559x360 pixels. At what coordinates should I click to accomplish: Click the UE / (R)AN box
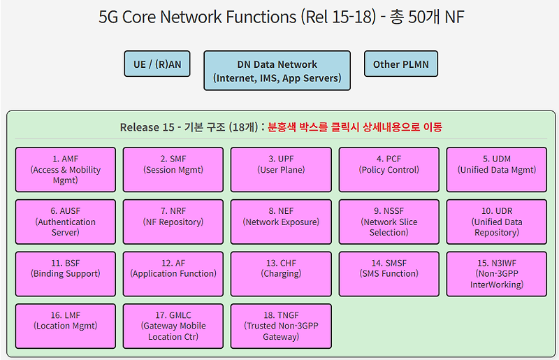pos(157,64)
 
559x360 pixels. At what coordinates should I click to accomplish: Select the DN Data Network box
pos(277,71)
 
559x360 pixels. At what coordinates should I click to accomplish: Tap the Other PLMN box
pos(400,64)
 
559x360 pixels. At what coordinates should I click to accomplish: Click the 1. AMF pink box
pos(66,170)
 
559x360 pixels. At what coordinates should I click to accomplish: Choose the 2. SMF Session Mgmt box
pos(173,170)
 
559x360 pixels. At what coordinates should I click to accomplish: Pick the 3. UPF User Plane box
pos(281,170)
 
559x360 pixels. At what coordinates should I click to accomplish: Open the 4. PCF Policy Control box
pos(389,170)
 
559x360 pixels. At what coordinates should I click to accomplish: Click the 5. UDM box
pos(497,170)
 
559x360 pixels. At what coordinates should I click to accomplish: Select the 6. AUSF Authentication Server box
pos(66,222)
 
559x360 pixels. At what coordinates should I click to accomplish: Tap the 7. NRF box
pos(173,222)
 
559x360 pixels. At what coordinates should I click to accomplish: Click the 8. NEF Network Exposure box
pos(281,222)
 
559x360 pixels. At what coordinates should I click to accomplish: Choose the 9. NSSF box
pos(389,222)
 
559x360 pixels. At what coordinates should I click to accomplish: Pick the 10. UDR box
pos(497,222)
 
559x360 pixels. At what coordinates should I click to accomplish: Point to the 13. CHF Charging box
pos(281,274)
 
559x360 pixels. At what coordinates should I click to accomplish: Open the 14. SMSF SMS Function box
pos(389,274)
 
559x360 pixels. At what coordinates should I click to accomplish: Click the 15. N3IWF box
pos(497,274)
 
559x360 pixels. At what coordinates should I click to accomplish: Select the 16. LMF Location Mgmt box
pos(66,326)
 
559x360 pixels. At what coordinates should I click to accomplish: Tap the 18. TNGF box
pos(281,326)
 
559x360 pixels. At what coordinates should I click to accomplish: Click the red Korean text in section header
pos(355,127)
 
